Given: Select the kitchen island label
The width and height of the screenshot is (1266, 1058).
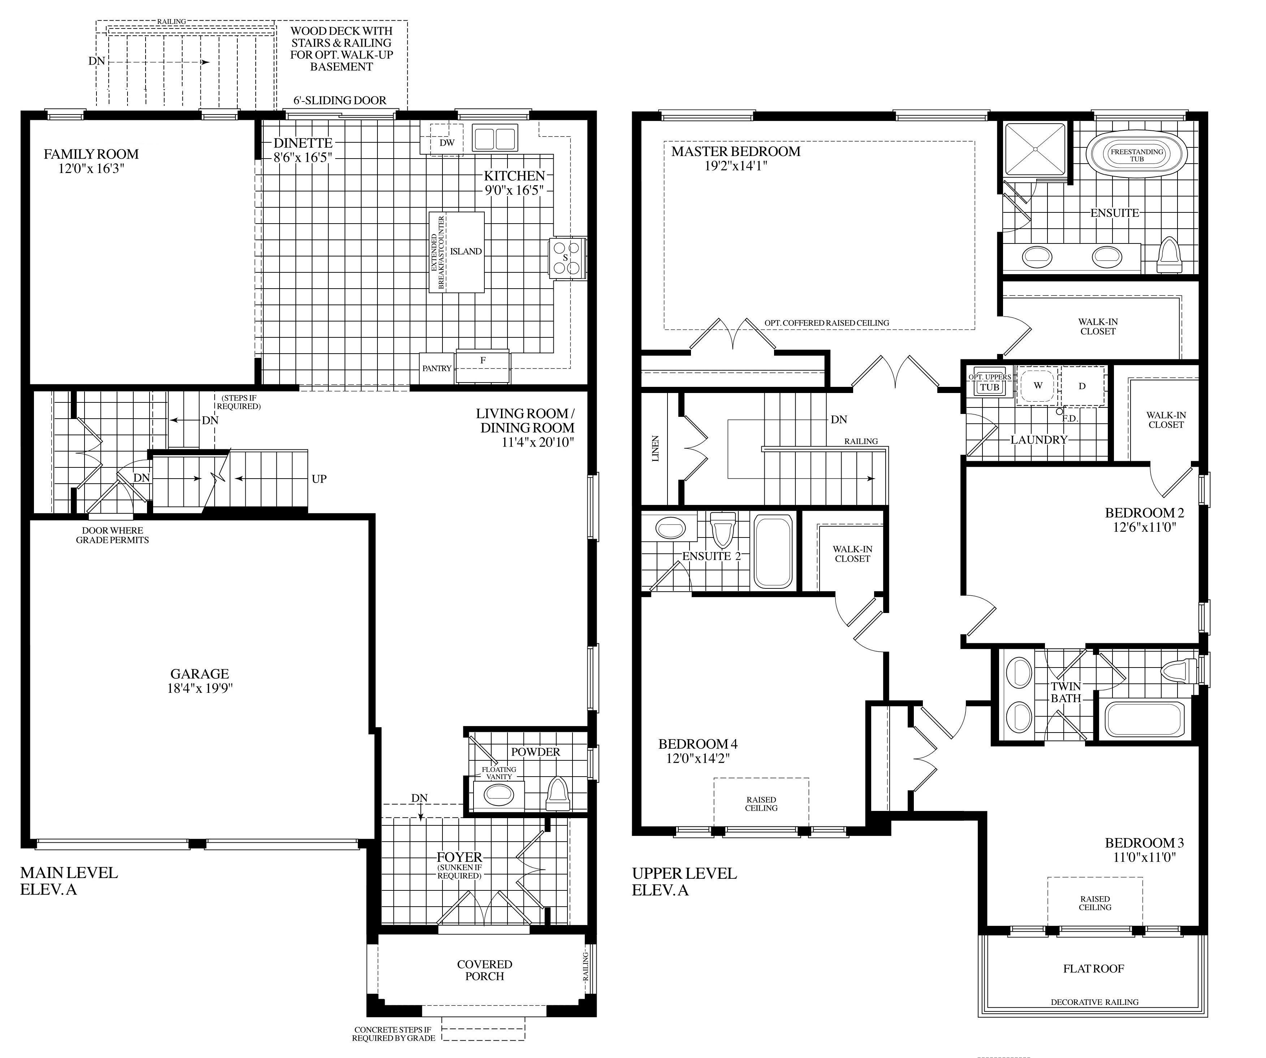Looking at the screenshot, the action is (466, 251).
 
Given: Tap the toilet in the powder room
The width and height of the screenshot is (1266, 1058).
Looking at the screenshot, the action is (557, 793).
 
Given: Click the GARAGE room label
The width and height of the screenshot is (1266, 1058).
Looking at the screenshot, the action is (199, 674).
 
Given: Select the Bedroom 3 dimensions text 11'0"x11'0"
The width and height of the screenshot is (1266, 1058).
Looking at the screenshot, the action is (1140, 857).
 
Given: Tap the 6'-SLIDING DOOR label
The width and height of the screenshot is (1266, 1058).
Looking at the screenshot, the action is (340, 101).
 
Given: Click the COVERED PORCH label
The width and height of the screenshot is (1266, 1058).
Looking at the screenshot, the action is (485, 970).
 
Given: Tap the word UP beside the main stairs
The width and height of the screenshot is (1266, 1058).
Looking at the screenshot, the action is (319, 479).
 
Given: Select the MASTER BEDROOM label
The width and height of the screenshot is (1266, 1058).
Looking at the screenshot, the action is (736, 151).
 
